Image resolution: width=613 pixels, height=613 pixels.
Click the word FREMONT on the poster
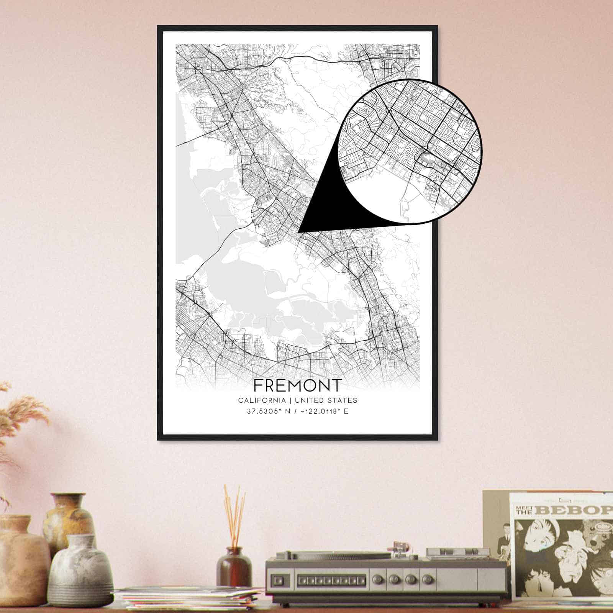(297, 385)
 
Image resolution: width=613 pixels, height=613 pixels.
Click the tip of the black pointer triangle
(299, 231)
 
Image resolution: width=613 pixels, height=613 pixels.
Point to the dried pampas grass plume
(19, 418)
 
